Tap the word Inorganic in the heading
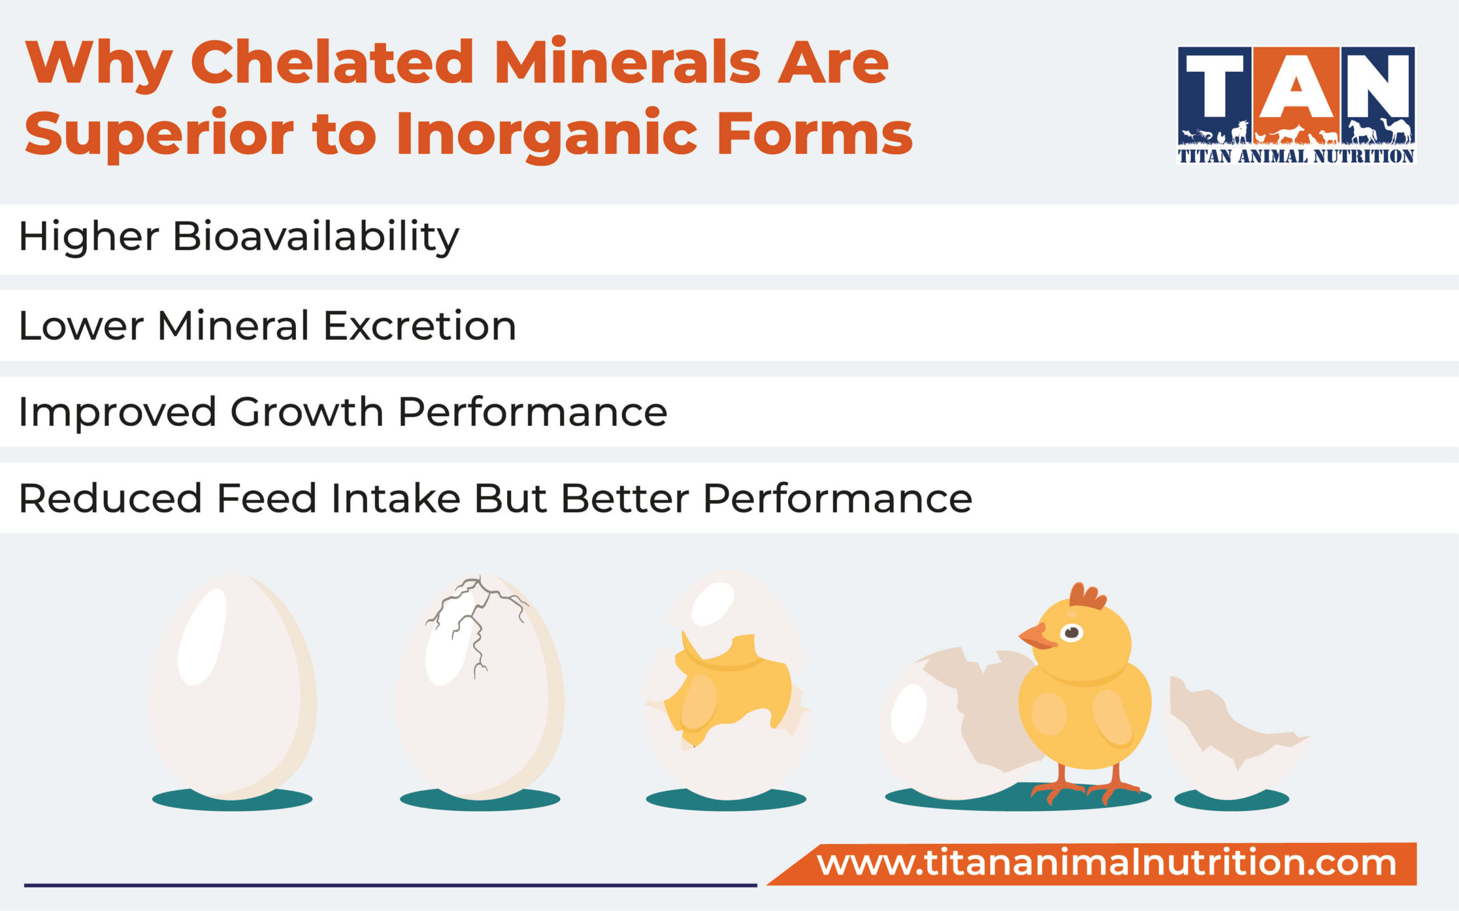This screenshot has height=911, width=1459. pyautogui.click(x=546, y=134)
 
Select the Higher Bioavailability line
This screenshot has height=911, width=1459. pyautogui.click(x=239, y=237)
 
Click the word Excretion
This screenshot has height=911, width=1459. pyautogui.click(x=419, y=326)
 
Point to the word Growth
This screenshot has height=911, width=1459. pyautogui.click(x=307, y=412)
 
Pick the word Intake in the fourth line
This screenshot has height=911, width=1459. pyautogui.click(x=396, y=499)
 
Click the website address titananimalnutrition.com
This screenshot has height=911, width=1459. pyautogui.click(x=1106, y=863)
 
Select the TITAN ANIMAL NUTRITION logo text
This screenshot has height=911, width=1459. pyautogui.click(x=1295, y=157)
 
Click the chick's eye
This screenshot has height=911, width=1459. pyautogui.click(x=1071, y=633)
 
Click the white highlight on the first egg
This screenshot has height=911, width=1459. pyautogui.click(x=202, y=635)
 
